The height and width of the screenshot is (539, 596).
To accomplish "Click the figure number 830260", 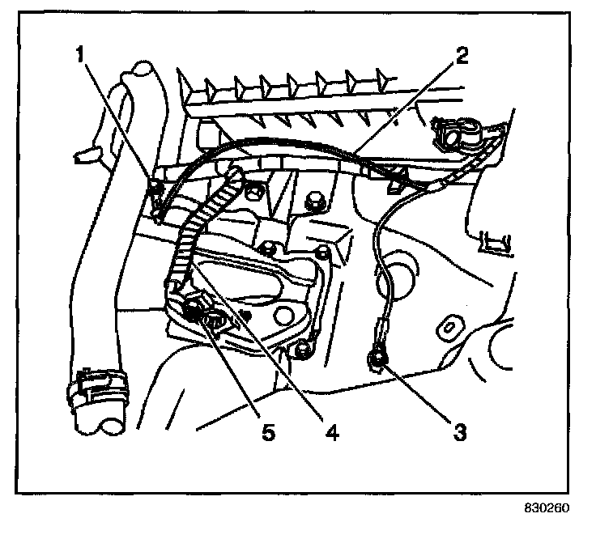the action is click(x=547, y=511).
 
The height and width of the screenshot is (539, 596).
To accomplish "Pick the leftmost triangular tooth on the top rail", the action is click(x=210, y=83).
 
